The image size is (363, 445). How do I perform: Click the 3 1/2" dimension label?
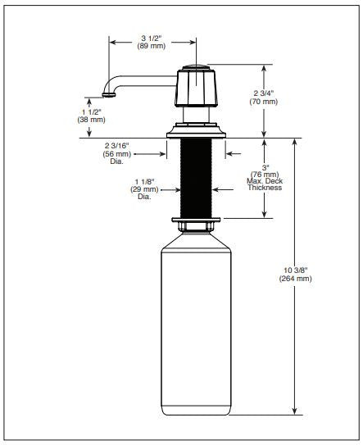pos(152,38)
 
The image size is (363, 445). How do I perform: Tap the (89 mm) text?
pos(152,46)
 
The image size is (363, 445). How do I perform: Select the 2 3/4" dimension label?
pos(264,93)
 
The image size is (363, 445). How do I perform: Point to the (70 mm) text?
pos(264,102)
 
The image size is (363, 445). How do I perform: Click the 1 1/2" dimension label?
pos(92,111)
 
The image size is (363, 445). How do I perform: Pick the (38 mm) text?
pos(92,120)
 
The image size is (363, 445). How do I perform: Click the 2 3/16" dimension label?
pos(116,146)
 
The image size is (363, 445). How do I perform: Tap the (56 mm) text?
pos(117,154)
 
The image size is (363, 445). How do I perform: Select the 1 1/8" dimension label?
pos(144,182)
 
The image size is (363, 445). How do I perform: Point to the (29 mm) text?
pos(144,189)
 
